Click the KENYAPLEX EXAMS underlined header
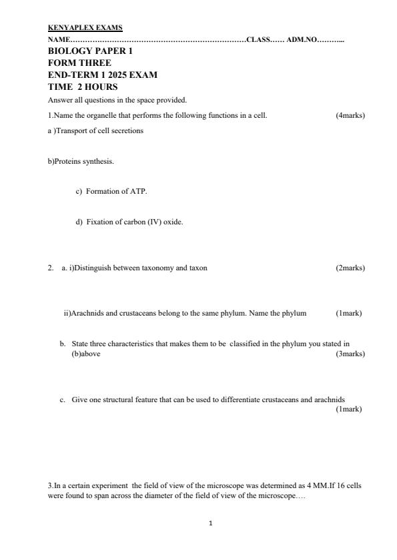[x=85, y=28]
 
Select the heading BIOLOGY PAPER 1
[x=91, y=51]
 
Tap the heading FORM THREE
[x=79, y=63]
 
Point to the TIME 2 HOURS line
[x=83, y=87]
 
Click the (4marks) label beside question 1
[x=350, y=115]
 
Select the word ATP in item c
[x=138, y=191]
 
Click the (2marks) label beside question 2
[x=350, y=268]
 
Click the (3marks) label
[x=350, y=354]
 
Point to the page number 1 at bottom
[x=211, y=523]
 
